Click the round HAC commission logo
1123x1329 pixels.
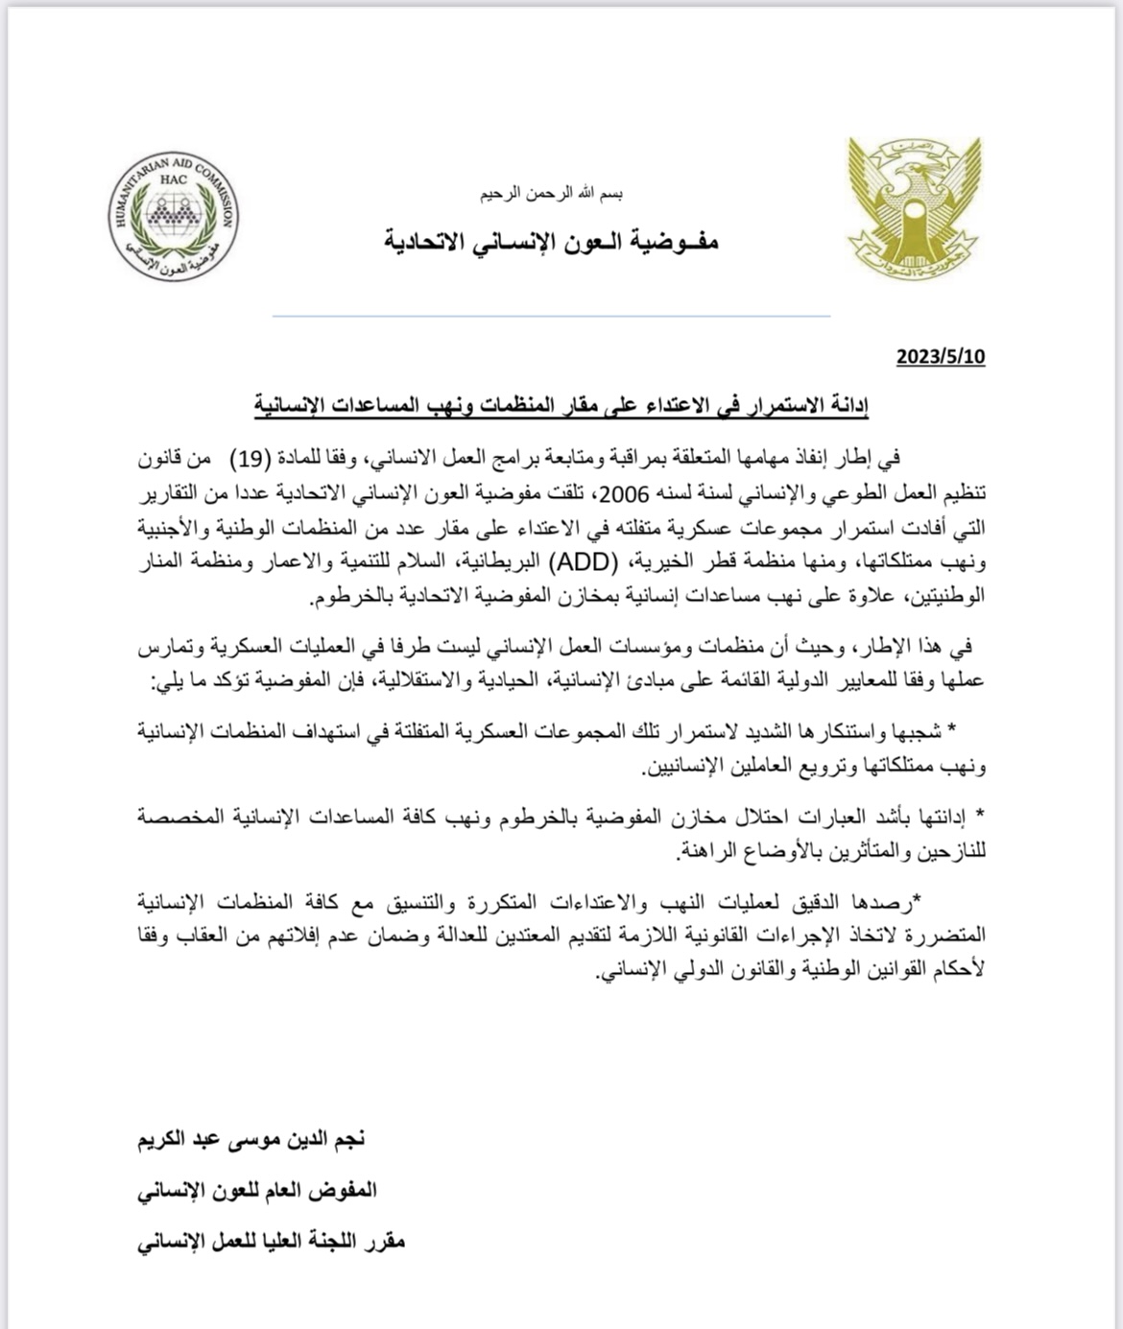point(174,217)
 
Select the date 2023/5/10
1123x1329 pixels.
point(941,357)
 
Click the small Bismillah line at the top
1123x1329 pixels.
point(552,194)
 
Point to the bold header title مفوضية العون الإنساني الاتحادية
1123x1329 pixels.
point(552,241)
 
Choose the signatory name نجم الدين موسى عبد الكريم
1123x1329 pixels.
point(251,1140)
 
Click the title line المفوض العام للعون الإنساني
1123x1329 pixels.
point(257,1191)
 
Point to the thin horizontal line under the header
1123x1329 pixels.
point(552,316)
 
